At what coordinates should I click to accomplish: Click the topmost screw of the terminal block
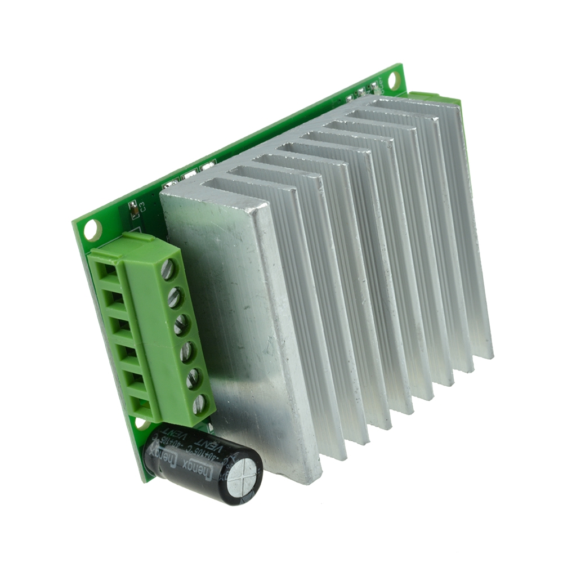[168, 269]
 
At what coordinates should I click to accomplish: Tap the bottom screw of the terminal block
[198, 405]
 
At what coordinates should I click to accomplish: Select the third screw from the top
[181, 325]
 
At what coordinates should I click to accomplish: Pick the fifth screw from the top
[193, 379]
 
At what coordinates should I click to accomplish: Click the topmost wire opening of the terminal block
[103, 270]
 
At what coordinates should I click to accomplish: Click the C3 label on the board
[142, 206]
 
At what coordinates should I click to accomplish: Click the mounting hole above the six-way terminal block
[91, 229]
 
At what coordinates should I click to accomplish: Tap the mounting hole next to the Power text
[394, 81]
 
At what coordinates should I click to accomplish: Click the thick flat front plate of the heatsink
[242, 315]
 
